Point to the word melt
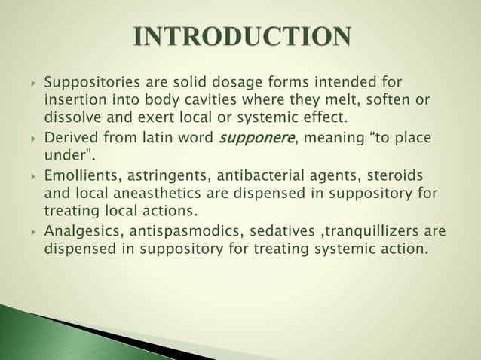point(345,100)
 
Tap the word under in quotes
point(67,156)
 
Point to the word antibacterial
point(264,175)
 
